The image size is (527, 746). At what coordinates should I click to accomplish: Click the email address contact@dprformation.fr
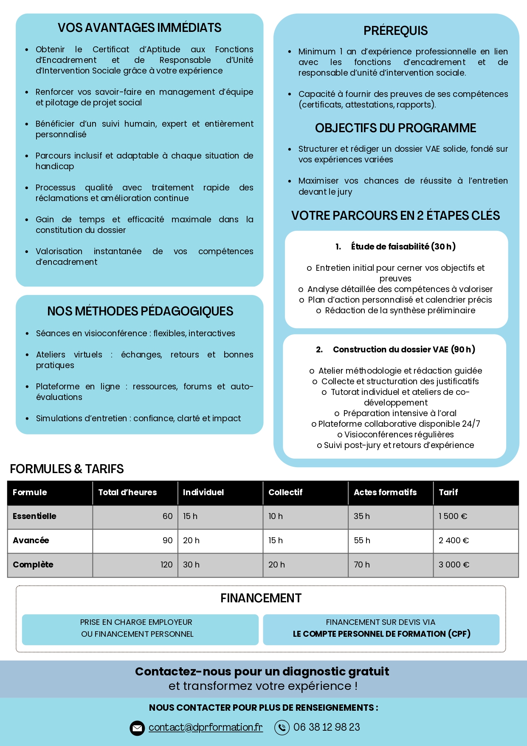(x=206, y=727)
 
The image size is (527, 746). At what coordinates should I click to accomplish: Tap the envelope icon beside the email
(x=137, y=728)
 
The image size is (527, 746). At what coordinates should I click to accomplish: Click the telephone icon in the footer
(x=282, y=728)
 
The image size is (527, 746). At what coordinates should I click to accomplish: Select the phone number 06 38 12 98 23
(x=327, y=727)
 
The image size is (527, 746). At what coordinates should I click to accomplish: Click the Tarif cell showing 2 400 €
(x=454, y=541)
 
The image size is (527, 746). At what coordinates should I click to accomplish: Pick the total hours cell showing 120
(x=166, y=565)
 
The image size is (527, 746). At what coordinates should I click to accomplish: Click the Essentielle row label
(x=34, y=516)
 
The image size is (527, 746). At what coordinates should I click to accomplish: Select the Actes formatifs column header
(x=385, y=492)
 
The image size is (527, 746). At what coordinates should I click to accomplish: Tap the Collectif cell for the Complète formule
(x=276, y=565)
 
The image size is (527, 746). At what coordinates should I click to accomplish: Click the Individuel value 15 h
(x=190, y=516)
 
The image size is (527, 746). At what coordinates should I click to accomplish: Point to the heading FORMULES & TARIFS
(x=67, y=469)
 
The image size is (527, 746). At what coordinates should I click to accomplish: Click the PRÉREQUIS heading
(x=395, y=31)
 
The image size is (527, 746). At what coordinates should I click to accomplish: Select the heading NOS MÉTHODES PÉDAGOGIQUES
(x=140, y=311)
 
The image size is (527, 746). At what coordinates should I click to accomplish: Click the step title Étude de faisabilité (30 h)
(x=403, y=247)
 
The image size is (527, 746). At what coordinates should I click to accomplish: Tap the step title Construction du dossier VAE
(x=403, y=349)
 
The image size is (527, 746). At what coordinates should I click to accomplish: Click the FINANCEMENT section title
(x=261, y=598)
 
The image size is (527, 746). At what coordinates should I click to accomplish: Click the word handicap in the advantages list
(x=55, y=166)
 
